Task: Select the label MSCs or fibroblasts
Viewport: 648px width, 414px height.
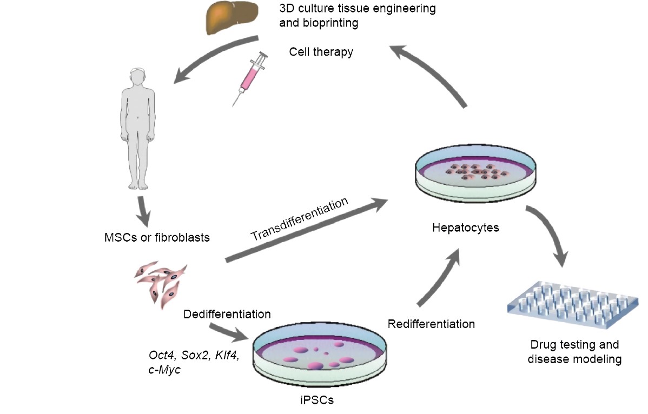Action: pos(157,237)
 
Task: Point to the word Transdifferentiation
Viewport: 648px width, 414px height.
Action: pos(299,221)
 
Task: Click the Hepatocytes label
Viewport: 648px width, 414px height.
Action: pos(466,228)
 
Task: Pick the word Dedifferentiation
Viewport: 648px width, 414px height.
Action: pos(227,313)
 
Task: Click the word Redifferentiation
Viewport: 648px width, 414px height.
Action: pos(431,324)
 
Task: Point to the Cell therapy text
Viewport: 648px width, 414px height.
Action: pos(321,52)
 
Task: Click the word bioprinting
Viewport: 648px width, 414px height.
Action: pos(319,23)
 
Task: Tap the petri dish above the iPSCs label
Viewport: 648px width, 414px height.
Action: pos(320,355)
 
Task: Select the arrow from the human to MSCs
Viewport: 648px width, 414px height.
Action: pos(144,212)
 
